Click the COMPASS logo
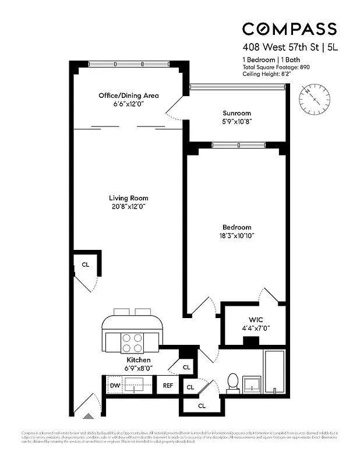(289, 29)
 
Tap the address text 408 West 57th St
(280, 48)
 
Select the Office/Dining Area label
(128, 96)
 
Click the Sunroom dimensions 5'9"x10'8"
(237, 122)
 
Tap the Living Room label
(128, 198)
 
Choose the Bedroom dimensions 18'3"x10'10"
(237, 236)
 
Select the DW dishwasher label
(114, 385)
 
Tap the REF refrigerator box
(168, 385)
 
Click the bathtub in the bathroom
(274, 371)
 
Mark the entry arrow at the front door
(87, 415)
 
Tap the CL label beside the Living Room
(86, 264)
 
